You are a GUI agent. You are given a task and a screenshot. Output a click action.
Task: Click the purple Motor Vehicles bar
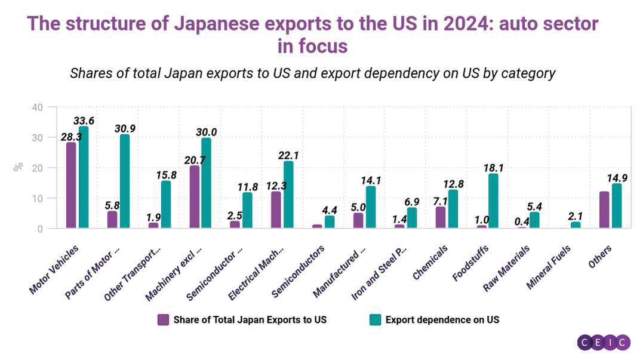[71, 185]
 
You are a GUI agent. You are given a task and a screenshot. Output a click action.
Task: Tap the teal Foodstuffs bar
[493, 201]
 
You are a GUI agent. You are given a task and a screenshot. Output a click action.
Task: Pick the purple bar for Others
[604, 210]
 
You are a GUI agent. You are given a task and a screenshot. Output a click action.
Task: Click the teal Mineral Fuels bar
[576, 225]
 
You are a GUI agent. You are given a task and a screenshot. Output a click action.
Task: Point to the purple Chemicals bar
[440, 217]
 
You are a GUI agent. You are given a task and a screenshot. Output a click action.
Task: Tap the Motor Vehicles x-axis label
[54, 269]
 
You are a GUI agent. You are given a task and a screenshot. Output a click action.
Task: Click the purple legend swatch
[163, 319]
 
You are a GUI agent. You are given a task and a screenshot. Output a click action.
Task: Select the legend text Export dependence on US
[442, 319]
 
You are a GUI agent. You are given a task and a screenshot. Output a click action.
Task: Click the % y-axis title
[19, 167]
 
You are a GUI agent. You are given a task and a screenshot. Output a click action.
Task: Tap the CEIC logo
[604, 342]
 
